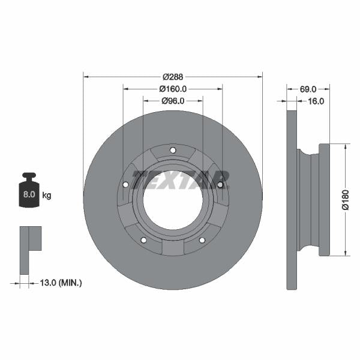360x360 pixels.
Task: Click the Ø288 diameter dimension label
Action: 173,77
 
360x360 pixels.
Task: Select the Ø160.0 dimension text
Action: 173,89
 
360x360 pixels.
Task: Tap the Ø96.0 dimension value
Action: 173,101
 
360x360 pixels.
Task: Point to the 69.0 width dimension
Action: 308,89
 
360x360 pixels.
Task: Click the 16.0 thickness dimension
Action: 316,101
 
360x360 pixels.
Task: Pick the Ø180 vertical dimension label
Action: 346,200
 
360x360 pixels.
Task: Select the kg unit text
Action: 47,196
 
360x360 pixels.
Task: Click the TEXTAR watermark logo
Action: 180,179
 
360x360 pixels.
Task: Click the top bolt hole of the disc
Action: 173,150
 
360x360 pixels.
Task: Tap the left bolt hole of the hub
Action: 125,184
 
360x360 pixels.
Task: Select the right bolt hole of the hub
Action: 220,184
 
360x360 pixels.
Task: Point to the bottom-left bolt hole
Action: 143,241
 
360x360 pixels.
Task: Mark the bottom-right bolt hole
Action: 202,241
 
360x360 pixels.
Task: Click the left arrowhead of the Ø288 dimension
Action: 86,77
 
